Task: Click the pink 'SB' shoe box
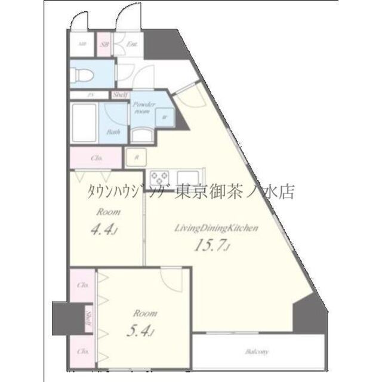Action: coord(104,44)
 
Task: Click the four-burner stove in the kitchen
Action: coord(161,177)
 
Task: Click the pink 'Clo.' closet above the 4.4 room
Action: coord(97,158)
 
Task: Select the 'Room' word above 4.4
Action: coord(109,212)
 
